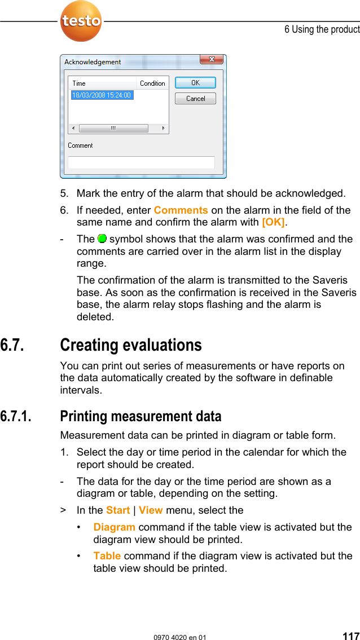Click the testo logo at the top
tap(81, 21)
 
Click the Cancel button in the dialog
tap(195, 99)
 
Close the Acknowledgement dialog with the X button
tap(212, 60)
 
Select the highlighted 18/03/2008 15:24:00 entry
tap(102, 95)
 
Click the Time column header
tap(80, 83)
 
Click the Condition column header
tap(152, 83)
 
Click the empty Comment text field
tap(141, 162)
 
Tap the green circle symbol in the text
tap(102, 239)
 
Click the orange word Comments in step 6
tap(181, 210)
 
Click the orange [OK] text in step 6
tap(274, 222)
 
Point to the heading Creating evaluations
tap(131, 345)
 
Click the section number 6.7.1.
tap(16, 417)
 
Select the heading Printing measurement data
tap(141, 417)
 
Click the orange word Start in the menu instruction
tap(118, 510)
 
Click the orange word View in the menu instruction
tap(151, 510)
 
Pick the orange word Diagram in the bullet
tap(114, 527)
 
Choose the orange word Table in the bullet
tap(107, 556)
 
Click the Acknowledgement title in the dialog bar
tap(93, 62)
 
